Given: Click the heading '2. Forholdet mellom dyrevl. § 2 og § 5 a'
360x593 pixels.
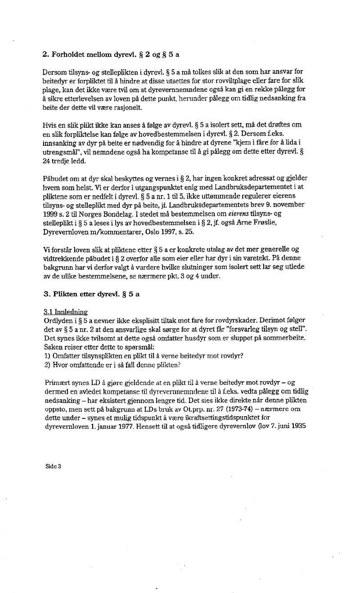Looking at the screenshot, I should (x=110, y=55).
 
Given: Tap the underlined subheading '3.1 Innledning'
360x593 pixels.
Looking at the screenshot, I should (x=66, y=311).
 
